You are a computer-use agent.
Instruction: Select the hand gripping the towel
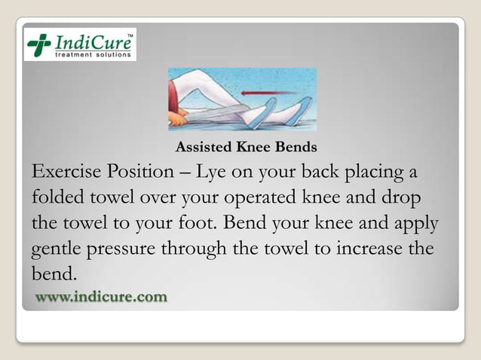tap(179, 118)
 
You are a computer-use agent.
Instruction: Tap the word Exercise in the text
tap(66, 172)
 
